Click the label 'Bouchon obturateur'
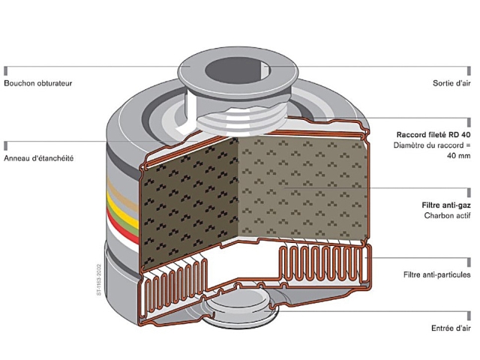click(38, 83)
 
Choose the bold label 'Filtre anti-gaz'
click(446, 204)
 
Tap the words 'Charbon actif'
click(449, 216)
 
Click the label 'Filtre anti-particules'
click(436, 274)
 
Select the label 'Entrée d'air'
click(451, 328)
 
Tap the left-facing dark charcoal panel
click(188, 199)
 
